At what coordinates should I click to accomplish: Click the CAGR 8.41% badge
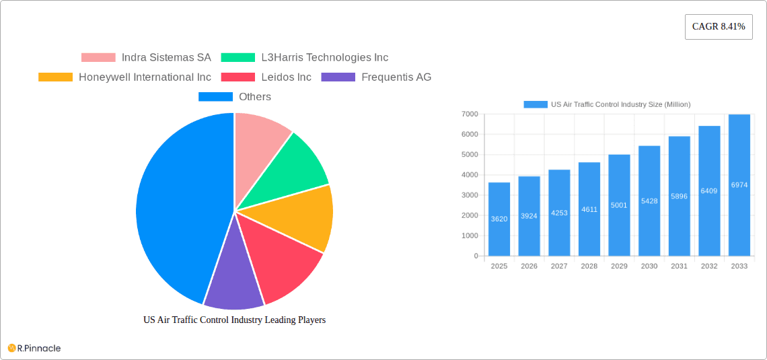click(x=719, y=27)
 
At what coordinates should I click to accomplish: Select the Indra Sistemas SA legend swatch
click(x=98, y=58)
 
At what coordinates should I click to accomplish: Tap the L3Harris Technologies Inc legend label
click(x=324, y=58)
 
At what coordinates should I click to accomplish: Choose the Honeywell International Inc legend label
click(x=145, y=77)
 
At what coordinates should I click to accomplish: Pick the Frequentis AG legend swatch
click(x=338, y=77)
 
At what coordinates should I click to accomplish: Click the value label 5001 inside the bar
click(x=619, y=205)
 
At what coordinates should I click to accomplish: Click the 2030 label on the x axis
click(x=649, y=266)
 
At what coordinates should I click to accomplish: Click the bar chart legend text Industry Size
click(x=620, y=104)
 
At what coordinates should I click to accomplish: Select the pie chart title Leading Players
click(x=234, y=320)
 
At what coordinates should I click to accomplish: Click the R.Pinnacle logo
click(x=34, y=348)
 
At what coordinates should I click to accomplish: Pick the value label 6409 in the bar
click(x=709, y=191)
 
